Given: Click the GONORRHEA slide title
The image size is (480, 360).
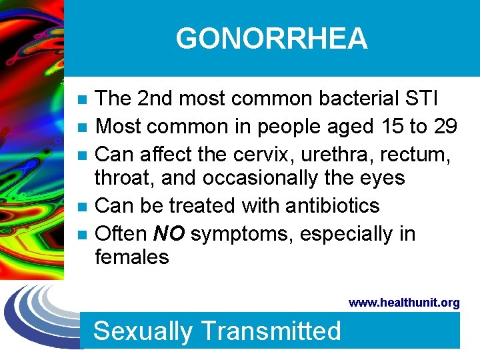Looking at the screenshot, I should click(271, 39).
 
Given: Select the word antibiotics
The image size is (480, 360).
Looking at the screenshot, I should click(332, 206).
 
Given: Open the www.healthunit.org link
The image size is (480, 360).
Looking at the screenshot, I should click(404, 303).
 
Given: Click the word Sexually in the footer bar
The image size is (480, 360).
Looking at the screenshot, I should click(143, 331).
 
